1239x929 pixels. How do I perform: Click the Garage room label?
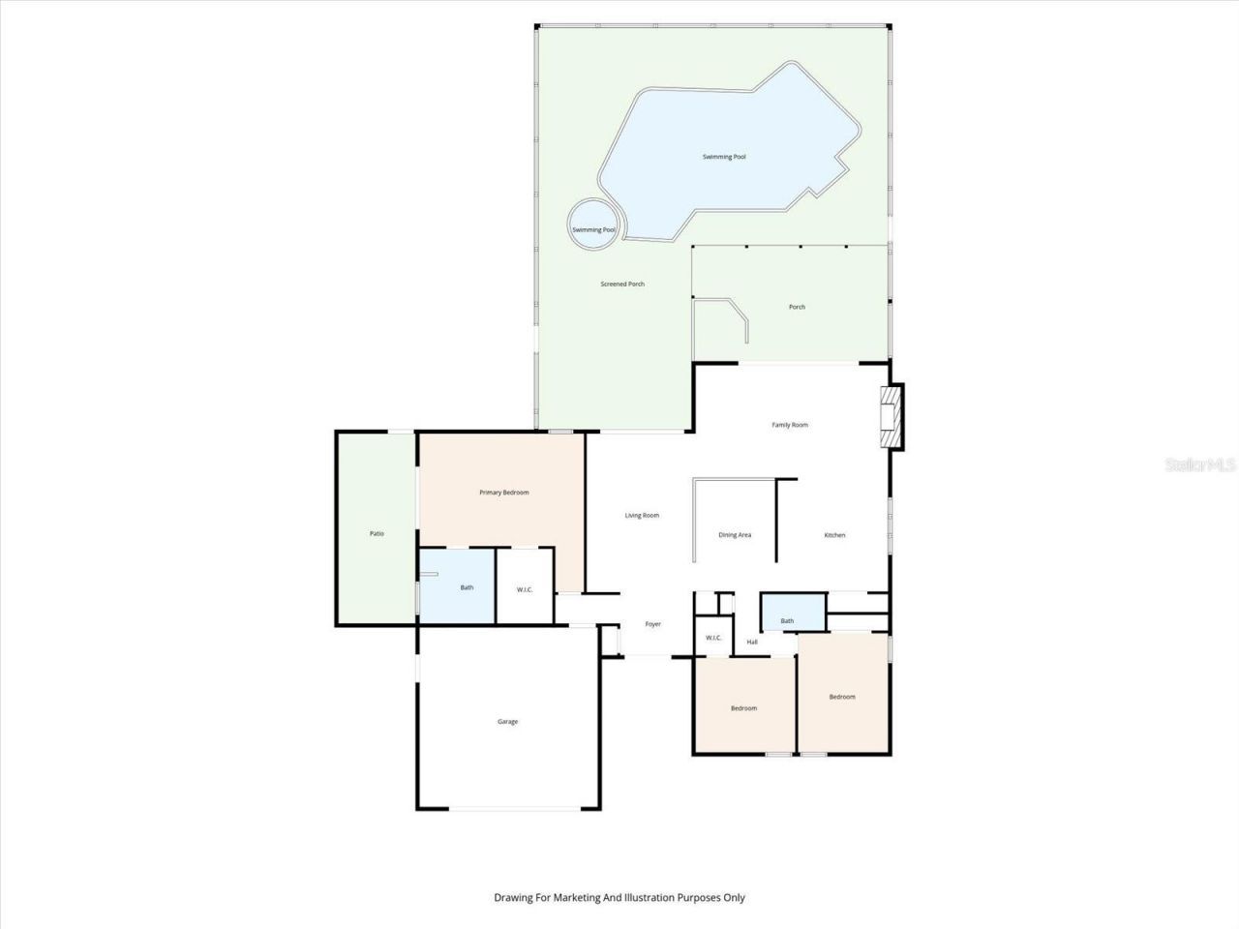click(507, 721)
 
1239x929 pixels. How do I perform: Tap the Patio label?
click(377, 533)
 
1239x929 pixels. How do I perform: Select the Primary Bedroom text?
click(503, 493)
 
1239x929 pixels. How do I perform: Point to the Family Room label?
click(789, 425)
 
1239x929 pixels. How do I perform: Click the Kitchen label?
click(834, 535)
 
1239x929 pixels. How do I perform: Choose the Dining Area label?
click(735, 535)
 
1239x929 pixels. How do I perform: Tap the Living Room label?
click(641, 515)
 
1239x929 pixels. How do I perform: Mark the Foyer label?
click(653, 624)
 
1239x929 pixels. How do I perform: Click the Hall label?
click(752, 642)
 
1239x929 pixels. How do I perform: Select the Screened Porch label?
click(622, 284)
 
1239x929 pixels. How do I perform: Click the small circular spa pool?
click(592, 226)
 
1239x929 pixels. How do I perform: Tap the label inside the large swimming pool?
click(724, 157)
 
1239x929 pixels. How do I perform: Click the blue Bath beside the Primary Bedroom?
click(467, 587)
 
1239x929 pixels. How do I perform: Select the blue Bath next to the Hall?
click(787, 620)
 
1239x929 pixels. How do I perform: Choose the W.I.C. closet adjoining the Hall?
click(713, 638)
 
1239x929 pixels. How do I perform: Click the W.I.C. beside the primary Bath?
click(524, 589)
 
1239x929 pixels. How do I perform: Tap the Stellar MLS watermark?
click(1200, 465)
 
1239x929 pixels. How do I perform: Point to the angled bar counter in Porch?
click(731, 316)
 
